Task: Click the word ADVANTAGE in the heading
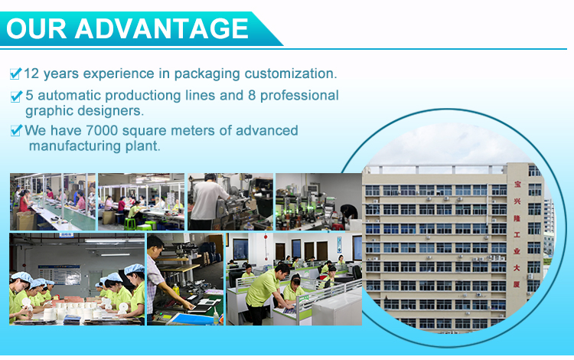[161, 28]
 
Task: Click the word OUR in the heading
[36, 28]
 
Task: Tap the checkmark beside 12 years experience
[16, 74]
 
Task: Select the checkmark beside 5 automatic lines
[17, 96]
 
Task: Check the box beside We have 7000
[17, 130]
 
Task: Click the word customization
[291, 74]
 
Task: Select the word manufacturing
[75, 146]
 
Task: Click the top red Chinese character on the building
[517, 184]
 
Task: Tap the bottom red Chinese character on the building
[517, 284]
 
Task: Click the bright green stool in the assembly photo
[130, 224]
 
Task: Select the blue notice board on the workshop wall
[59, 275]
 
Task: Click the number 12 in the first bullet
[31, 74]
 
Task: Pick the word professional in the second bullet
[299, 96]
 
